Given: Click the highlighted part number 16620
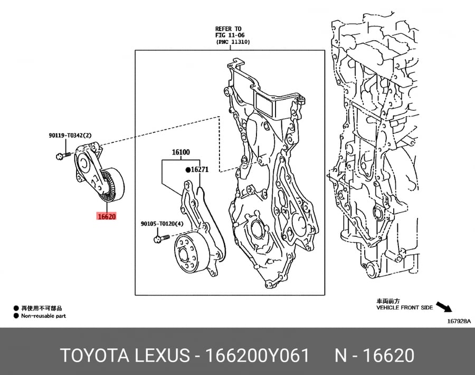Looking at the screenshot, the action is pos(106,216).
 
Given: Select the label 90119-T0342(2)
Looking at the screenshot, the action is pos(70,136).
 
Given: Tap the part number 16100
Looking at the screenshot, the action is pos(181,152).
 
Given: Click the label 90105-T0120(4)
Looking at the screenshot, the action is pos(162,224).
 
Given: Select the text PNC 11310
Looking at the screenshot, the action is pos(233,42).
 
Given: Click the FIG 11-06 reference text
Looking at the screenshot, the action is pos(230,35).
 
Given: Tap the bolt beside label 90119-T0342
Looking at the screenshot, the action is pos(63,156).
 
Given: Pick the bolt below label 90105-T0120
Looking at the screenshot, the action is pos(162,239).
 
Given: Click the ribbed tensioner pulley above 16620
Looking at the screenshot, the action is pos(111,184).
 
